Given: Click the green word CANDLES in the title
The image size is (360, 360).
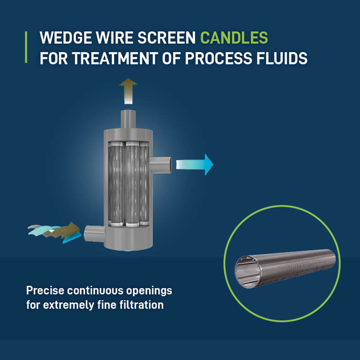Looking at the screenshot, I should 234,38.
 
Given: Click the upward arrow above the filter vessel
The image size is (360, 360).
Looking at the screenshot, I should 129,90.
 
